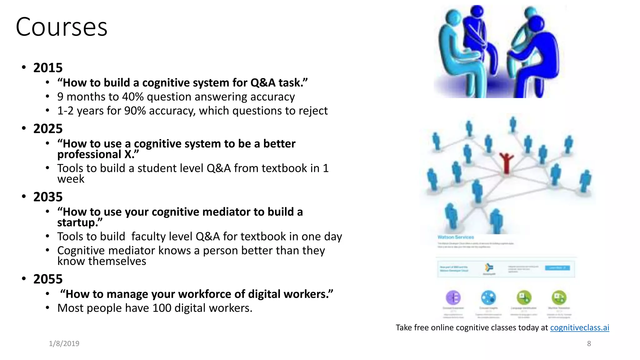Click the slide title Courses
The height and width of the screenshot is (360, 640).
coord(62,27)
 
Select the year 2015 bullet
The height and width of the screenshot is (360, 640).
coord(48,68)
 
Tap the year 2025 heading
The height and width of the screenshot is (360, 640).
coord(48,129)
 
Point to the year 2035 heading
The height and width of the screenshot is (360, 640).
coord(48,197)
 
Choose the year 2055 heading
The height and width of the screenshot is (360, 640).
coord(48,279)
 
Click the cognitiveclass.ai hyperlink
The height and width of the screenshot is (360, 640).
coord(579,327)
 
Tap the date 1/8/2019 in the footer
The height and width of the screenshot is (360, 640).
coord(64,343)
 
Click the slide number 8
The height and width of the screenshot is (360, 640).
coord(589,343)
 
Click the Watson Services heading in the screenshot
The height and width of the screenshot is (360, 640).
coord(456,237)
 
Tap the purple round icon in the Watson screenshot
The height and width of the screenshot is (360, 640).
coord(453,297)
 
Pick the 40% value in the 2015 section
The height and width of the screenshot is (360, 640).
coord(133,97)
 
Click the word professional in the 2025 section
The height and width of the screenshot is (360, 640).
coord(89,155)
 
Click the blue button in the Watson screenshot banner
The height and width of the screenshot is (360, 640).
coord(557,268)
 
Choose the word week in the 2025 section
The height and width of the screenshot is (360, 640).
coord(71,179)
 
